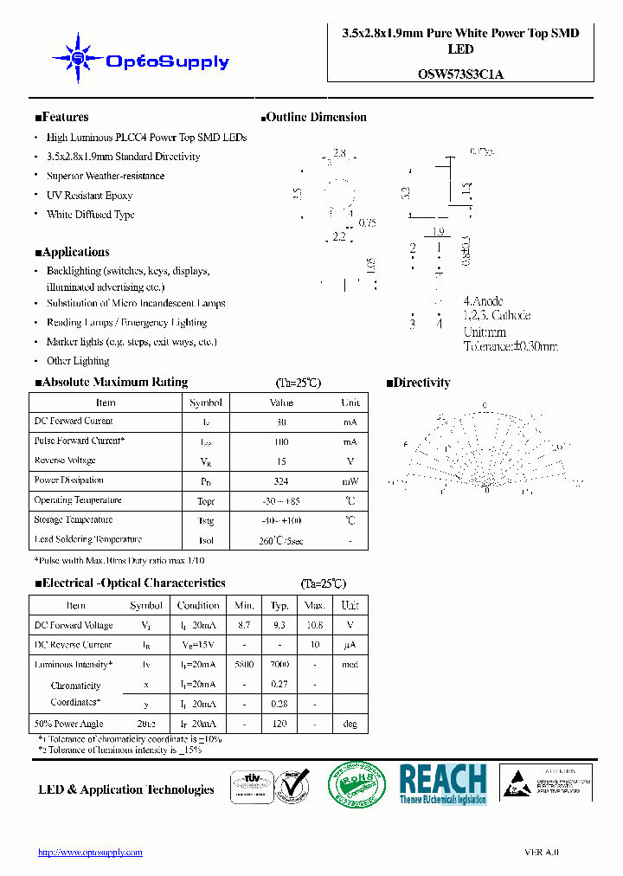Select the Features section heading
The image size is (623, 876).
tap(61, 117)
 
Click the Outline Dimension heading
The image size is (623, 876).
tap(313, 117)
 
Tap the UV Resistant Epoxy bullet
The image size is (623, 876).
tap(89, 196)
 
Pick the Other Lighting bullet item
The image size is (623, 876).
tap(78, 361)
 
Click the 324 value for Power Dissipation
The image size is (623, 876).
tap(280, 481)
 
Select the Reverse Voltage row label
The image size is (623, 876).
tap(65, 461)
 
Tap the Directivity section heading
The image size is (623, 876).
tap(418, 382)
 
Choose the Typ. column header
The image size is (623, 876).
tap(279, 606)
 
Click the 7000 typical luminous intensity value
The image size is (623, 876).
tap(279, 665)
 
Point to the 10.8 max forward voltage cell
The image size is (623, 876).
tap(315, 625)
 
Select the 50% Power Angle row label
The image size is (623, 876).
tap(68, 724)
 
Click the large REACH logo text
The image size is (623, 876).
tap(443, 778)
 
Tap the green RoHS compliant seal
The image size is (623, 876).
tap(356, 787)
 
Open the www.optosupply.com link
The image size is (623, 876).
tap(90, 853)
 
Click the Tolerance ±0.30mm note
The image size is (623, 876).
tap(511, 346)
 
